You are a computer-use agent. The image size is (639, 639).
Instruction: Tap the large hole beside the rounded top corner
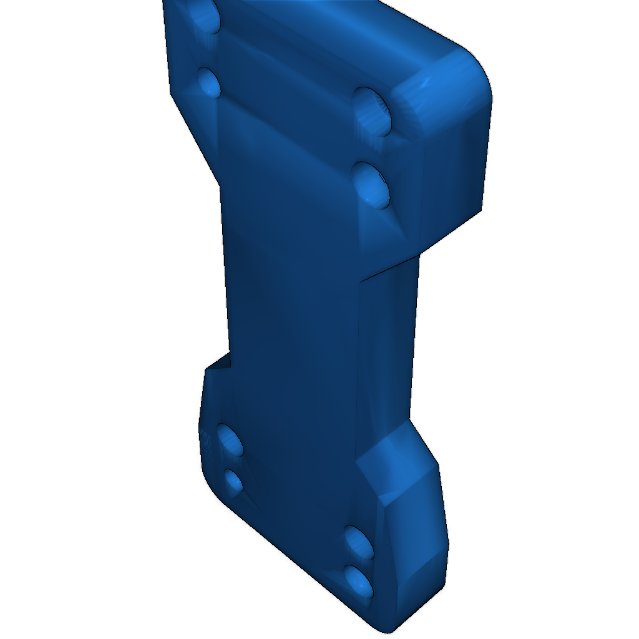pyautogui.click(x=373, y=111)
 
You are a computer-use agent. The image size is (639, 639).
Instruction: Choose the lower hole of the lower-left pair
pyautogui.click(x=233, y=481)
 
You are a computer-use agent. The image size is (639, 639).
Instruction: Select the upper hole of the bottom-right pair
pyautogui.click(x=359, y=542)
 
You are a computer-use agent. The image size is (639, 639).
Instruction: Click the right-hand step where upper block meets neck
pyautogui.click(x=390, y=266)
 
